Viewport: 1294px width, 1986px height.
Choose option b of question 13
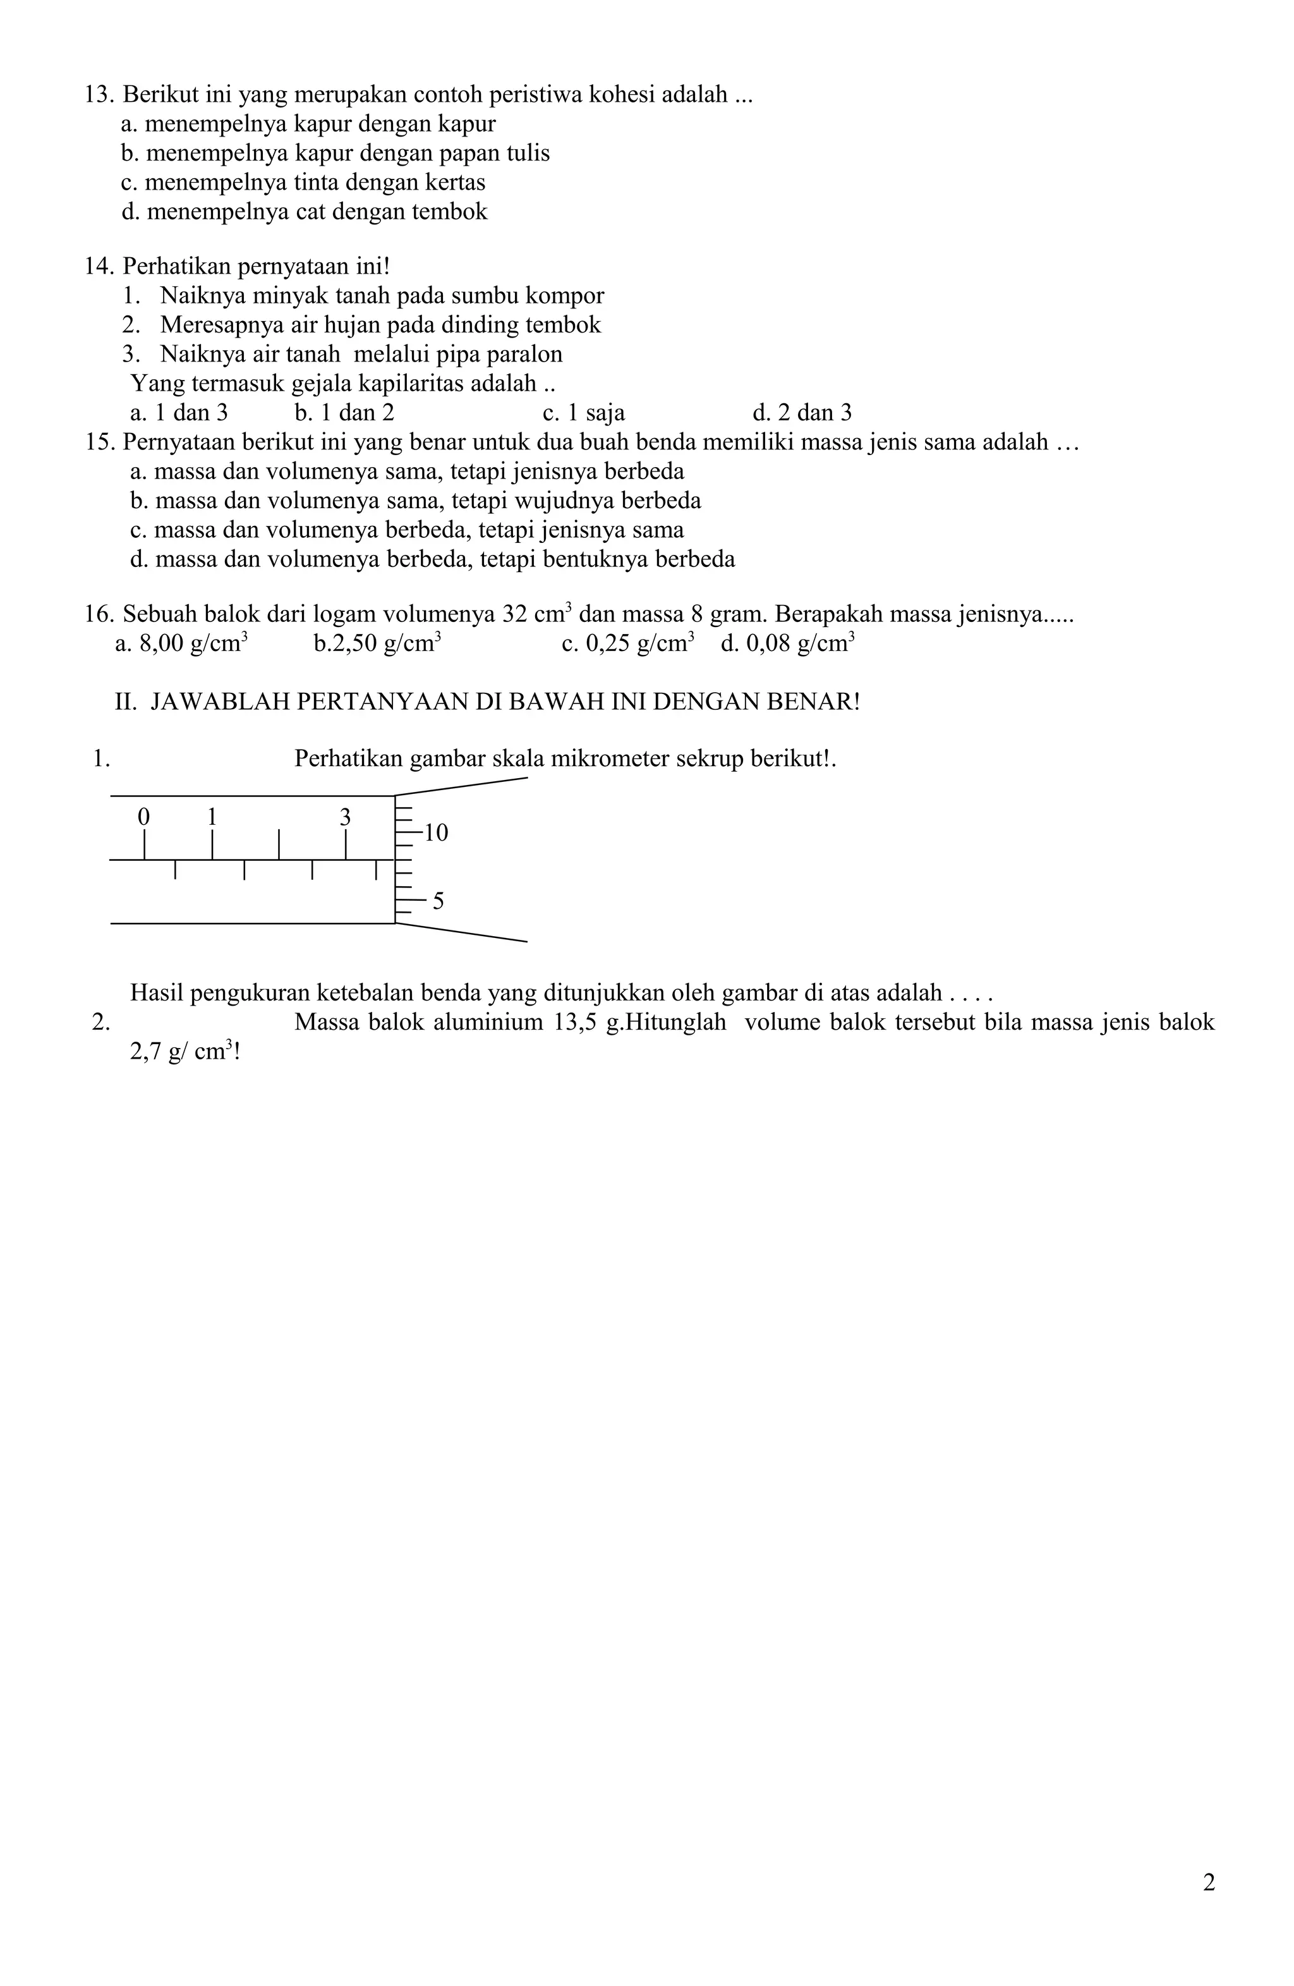coord(334,154)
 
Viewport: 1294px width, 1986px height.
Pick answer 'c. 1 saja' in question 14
coord(583,413)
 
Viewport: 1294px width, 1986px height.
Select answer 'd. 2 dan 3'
coord(802,413)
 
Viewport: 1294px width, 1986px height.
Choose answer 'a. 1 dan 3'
coord(179,413)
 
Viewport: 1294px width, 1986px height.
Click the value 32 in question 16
coord(515,615)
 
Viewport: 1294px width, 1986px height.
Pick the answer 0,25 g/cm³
coord(627,644)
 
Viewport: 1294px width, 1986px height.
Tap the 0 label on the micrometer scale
coord(143,816)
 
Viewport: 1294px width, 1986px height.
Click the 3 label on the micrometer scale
coord(344,817)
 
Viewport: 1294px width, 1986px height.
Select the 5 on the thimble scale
coord(438,902)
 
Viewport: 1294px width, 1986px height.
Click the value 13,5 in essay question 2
coord(574,1023)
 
